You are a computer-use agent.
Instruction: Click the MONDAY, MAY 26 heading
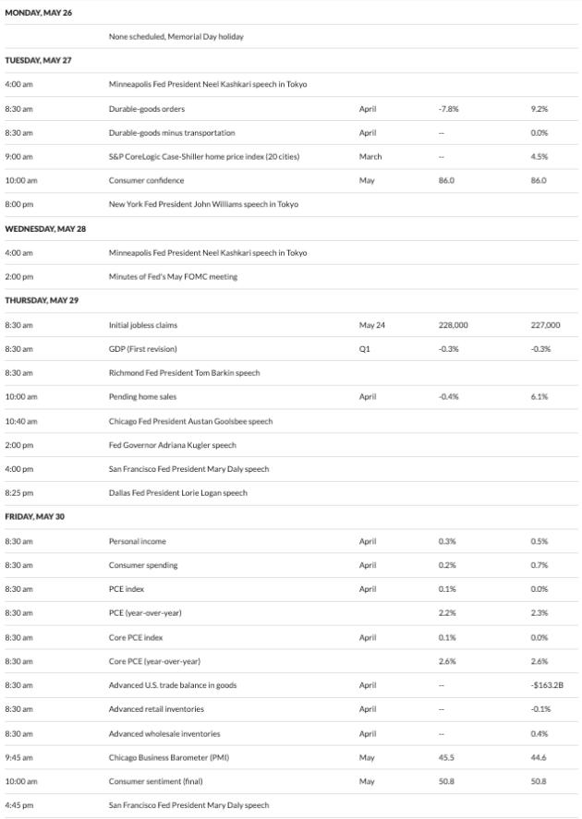coord(39,13)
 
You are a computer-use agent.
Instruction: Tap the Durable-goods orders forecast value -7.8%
coord(448,108)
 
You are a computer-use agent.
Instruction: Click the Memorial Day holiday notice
coord(176,37)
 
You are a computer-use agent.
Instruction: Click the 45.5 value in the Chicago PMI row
coord(445,757)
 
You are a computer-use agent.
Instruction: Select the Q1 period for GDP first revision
coord(364,349)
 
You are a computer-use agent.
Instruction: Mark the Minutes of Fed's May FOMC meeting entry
coord(173,276)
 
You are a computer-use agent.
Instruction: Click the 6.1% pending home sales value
coord(540,397)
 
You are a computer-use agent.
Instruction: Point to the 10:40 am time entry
coord(21,421)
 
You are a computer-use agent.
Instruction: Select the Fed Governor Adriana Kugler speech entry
coord(172,445)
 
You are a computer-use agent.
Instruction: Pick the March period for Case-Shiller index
coord(370,156)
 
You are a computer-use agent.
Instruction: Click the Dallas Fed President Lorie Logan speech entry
coord(177,493)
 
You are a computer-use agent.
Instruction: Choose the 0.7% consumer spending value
coord(540,565)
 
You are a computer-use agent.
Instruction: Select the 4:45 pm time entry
coord(19,805)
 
